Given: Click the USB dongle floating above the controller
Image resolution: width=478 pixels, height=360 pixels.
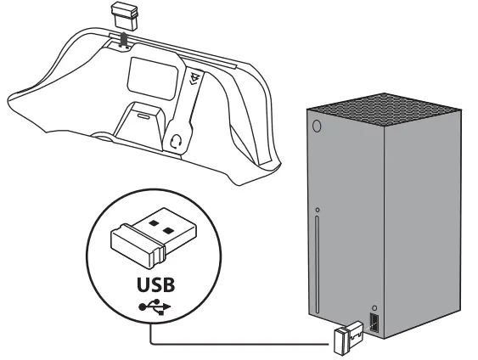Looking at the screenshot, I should pos(123,16).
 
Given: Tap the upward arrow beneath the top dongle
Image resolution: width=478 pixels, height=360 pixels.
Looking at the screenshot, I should pos(123,38).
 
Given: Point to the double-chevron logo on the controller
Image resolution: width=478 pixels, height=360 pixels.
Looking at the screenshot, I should pos(195,82).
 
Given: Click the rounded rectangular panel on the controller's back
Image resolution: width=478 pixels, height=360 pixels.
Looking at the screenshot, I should pos(149,82).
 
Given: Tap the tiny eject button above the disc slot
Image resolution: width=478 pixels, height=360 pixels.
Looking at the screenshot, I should pos(316,209).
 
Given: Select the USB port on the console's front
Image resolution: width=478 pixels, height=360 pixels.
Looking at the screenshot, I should pos(374,323).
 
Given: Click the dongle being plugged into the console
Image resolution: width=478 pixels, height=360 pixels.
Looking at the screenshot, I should pos(348,339).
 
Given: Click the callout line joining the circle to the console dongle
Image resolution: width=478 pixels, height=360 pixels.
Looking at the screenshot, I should pos(238,344).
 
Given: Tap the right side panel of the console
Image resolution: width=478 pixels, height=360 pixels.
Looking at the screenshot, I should pos(432,221).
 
